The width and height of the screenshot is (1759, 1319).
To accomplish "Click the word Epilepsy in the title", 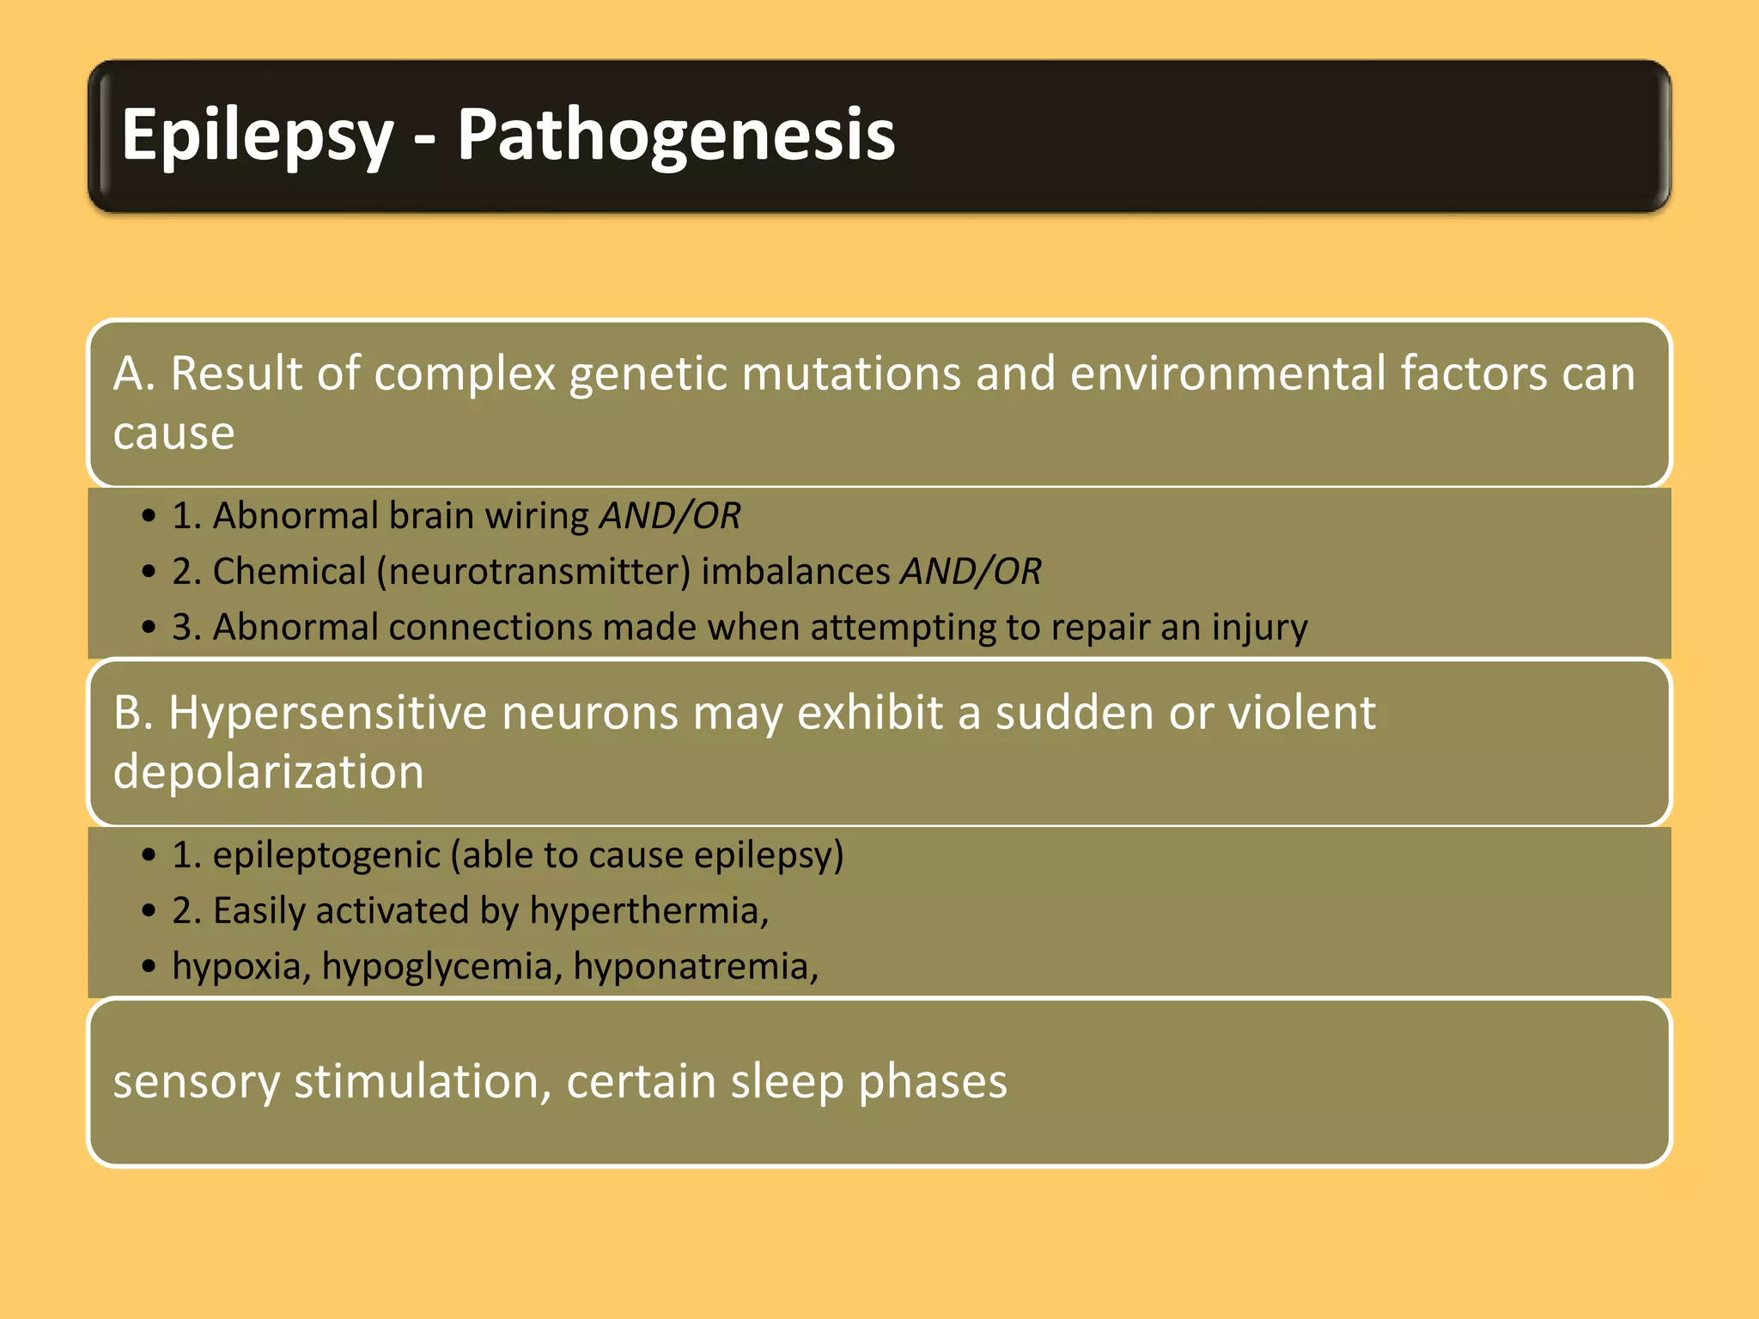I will [x=256, y=136].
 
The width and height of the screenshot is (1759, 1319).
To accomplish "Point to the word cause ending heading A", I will [x=173, y=433].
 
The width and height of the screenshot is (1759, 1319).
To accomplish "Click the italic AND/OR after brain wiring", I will [x=670, y=516].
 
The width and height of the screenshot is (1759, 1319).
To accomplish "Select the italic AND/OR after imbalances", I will [x=971, y=572].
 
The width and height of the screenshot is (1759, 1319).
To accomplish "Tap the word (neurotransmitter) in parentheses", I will [x=533, y=572].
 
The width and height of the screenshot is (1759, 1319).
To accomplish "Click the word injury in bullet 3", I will [x=1259, y=628].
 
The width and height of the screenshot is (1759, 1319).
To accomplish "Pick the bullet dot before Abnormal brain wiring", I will [x=149, y=516].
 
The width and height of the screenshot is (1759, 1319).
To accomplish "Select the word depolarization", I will [x=268, y=772].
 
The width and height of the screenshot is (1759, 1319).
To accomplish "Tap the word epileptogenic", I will [x=326, y=855].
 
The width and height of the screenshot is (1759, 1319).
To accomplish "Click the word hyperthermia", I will [x=648, y=911].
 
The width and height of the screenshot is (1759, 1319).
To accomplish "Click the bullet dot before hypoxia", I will [x=149, y=967].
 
